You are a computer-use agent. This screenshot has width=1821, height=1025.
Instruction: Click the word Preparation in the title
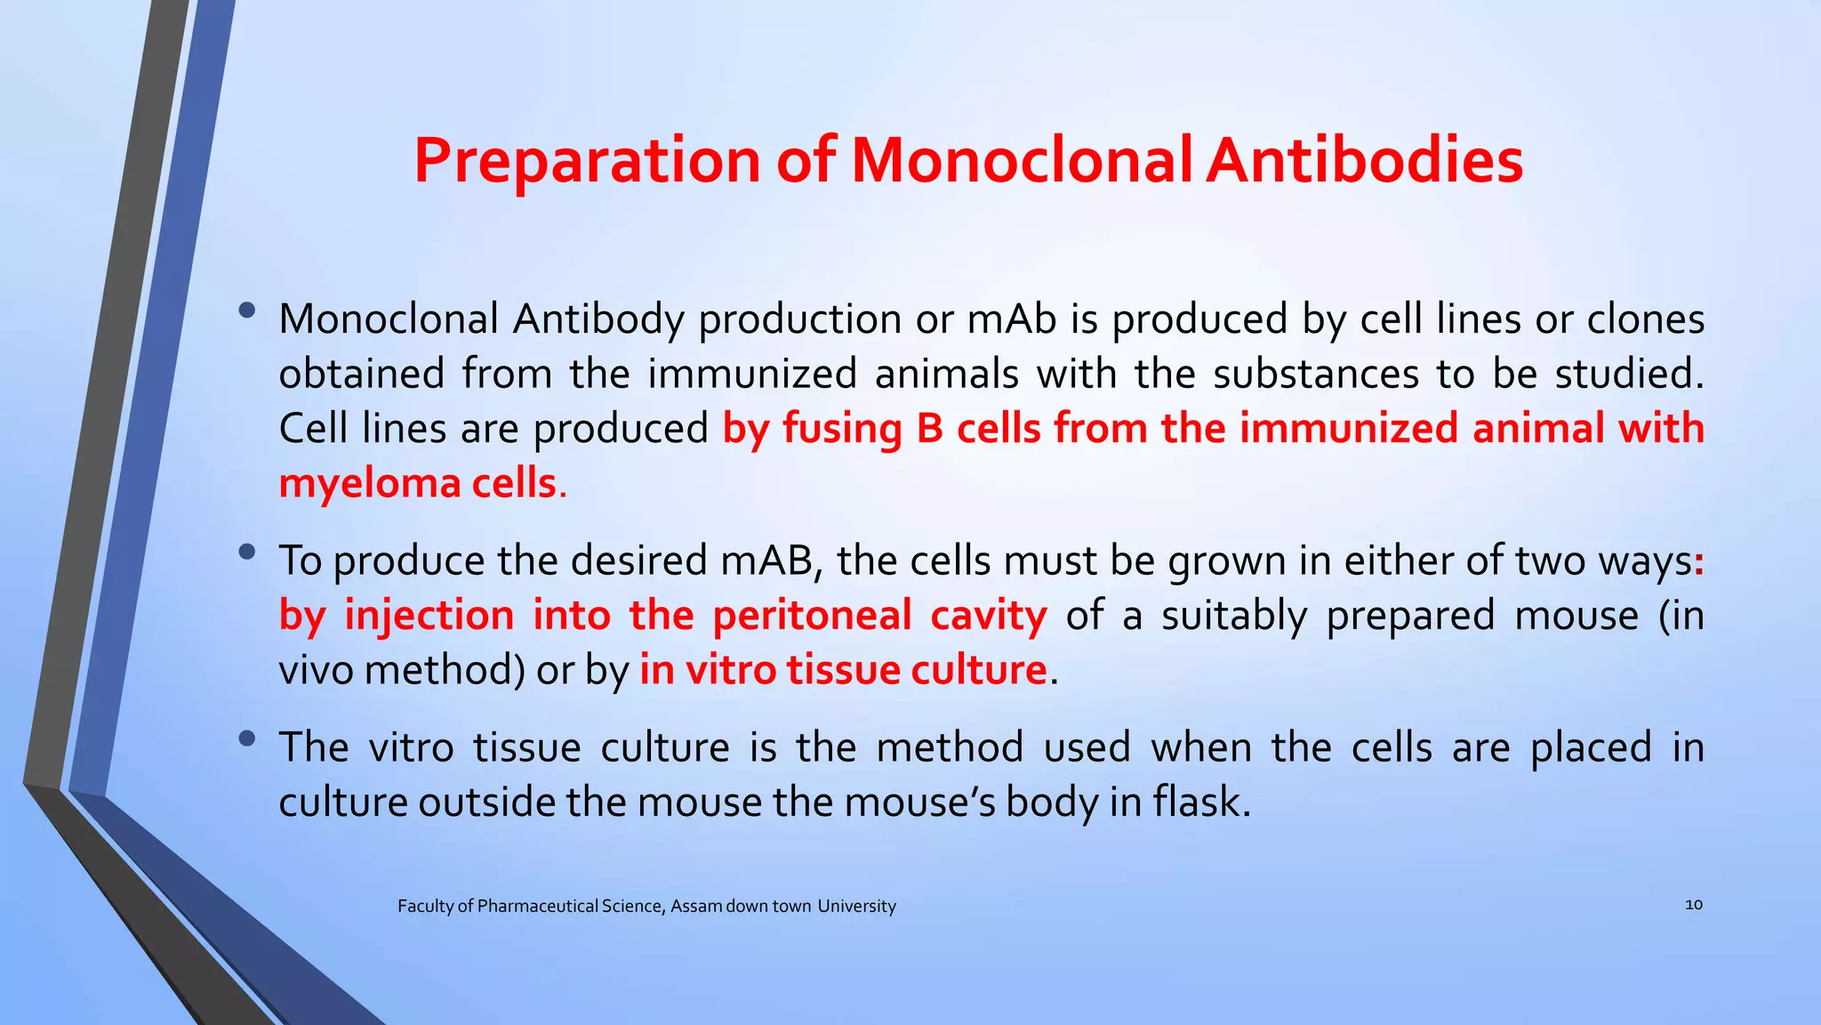(588, 162)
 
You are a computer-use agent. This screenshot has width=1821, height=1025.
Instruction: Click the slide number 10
(1693, 905)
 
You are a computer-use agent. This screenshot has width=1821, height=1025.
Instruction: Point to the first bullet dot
(247, 311)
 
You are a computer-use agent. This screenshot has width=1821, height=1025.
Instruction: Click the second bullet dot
(247, 553)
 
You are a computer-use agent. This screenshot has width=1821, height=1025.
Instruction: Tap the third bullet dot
(247, 738)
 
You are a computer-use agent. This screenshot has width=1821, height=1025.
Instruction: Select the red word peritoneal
(812, 616)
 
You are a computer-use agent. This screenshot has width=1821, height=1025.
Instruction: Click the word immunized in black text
(751, 374)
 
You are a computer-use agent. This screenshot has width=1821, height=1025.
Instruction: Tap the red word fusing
(842, 429)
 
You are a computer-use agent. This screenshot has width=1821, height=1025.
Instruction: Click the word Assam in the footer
(695, 906)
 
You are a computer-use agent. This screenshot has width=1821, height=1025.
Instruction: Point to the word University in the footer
(856, 906)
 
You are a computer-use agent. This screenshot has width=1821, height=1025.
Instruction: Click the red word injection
(429, 616)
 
